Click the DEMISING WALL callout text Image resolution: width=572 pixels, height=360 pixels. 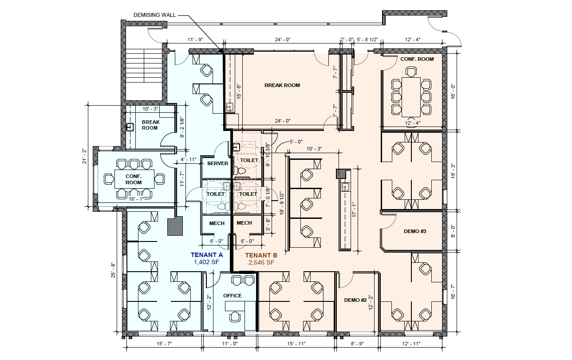pyautogui.click(x=154, y=15)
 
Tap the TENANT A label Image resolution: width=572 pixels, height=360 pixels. pyautogui.click(x=206, y=255)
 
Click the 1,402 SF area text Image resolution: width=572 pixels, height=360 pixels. pyautogui.click(x=207, y=262)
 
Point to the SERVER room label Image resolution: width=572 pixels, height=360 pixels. pyautogui.click(x=217, y=163)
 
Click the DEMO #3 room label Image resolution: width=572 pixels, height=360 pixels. pyautogui.click(x=415, y=231)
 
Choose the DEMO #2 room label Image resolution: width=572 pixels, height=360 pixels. pyautogui.click(x=355, y=300)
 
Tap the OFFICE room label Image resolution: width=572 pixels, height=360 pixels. pyautogui.click(x=233, y=296)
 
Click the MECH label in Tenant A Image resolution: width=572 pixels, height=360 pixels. pyautogui.click(x=217, y=223)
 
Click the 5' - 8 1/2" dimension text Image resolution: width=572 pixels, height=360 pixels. pyautogui.click(x=367, y=40)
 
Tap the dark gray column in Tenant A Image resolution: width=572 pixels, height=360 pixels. pyautogui.click(x=175, y=226)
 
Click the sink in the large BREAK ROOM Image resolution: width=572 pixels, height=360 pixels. pyautogui.click(x=229, y=107)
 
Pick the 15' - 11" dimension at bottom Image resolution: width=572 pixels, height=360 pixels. pyautogui.click(x=295, y=344)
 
